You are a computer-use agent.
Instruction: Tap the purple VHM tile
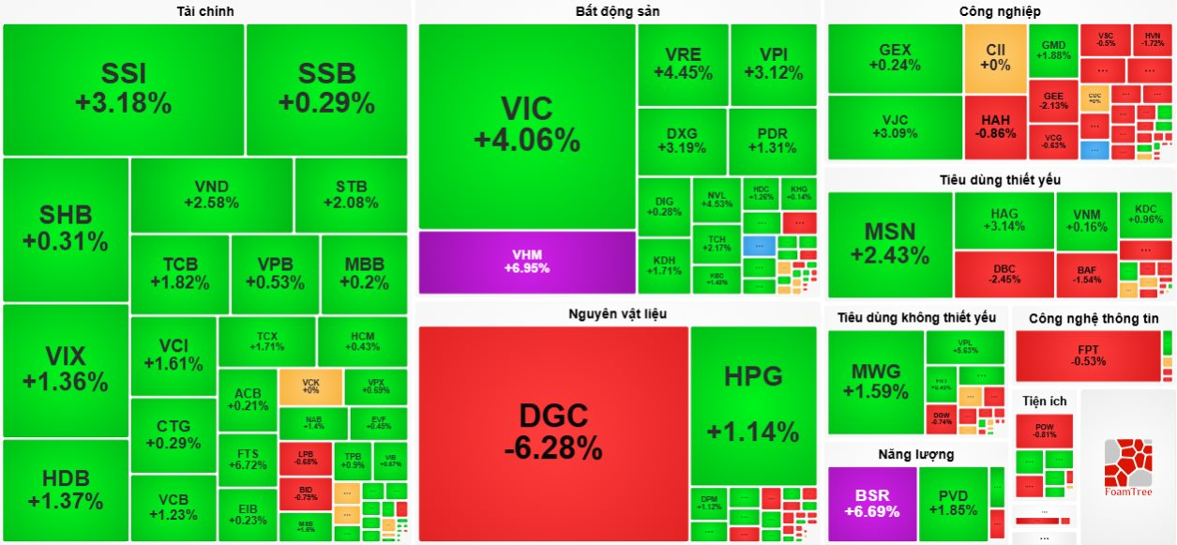[527, 261]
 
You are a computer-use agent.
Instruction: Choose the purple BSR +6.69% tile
[871, 504]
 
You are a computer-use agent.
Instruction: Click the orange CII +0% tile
[995, 58]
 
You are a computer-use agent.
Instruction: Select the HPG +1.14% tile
[753, 403]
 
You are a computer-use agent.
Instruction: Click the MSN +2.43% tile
[890, 244]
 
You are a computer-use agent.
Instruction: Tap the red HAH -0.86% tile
[995, 127]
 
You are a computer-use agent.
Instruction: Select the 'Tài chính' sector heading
[205, 11]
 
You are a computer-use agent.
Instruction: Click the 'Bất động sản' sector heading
[617, 11]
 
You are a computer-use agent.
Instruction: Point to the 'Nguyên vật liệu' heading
[617, 313]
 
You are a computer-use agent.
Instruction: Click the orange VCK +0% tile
[310, 386]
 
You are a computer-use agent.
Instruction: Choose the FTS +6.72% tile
[248, 459]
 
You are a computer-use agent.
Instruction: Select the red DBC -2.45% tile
[1003, 273]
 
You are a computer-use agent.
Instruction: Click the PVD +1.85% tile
[953, 504]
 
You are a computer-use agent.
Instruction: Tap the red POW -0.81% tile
[1045, 431]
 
